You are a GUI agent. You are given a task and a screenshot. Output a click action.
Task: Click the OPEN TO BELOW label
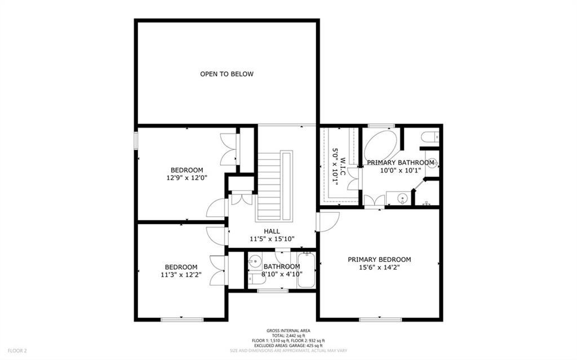click(227, 74)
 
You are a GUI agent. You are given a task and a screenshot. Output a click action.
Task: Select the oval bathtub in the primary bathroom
click(381, 146)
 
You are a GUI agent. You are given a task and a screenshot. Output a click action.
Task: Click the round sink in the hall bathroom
click(255, 261)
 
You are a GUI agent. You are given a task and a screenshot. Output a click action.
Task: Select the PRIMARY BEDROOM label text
click(379, 260)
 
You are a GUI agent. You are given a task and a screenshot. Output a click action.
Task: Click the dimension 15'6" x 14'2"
click(379, 268)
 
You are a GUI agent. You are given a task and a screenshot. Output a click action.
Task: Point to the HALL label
click(272, 231)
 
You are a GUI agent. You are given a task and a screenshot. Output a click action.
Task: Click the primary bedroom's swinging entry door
click(328, 221)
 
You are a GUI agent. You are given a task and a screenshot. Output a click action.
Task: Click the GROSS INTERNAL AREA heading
click(288, 331)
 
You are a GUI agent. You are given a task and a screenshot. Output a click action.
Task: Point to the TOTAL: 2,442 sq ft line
click(288, 336)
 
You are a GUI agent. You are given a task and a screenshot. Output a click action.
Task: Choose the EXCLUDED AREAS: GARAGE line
click(288, 345)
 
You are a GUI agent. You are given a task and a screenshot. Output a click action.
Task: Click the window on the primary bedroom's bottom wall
click(380, 319)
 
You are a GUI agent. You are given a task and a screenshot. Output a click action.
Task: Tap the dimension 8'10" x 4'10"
click(281, 274)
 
